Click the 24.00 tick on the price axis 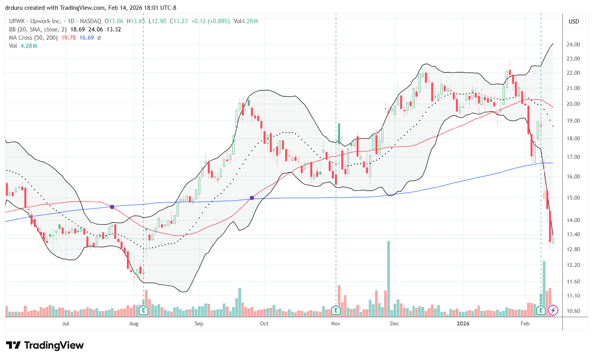[x=573, y=44]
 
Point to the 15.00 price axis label [x=573, y=198]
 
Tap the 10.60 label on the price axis [x=573, y=311]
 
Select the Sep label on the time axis [x=199, y=323]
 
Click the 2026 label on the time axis [x=463, y=323]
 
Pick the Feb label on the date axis [x=525, y=323]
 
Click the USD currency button [x=574, y=22]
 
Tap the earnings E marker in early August [x=143, y=310]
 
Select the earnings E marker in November [x=336, y=310]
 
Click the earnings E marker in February [x=541, y=310]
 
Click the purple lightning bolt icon [x=553, y=310]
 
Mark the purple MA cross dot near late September [x=252, y=198]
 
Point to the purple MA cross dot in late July [x=112, y=207]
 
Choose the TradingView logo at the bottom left [x=45, y=345]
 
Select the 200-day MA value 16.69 [x=86, y=38]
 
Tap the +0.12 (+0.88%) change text [x=210, y=21]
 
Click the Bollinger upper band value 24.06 [x=96, y=29]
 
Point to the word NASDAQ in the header [x=90, y=21]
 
